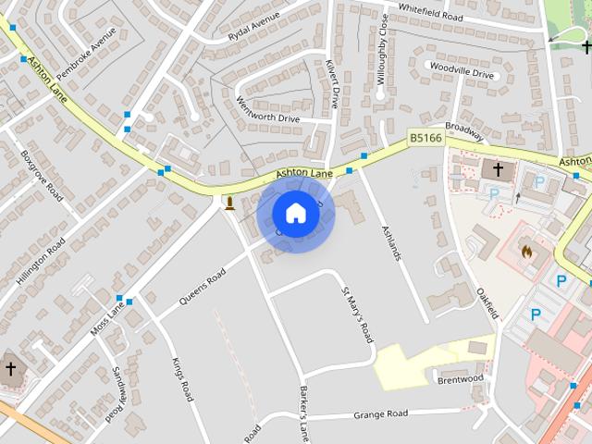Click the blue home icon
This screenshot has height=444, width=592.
coord(295,214)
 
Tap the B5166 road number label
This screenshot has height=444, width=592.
coord(425,138)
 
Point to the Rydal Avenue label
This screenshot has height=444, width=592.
coord(253,28)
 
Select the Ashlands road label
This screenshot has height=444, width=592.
coord(391,241)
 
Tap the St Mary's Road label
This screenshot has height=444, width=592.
coord(357,314)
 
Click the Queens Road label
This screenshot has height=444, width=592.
coord(203,289)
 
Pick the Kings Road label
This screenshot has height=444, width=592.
coord(181,378)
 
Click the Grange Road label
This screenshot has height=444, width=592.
coord(380,414)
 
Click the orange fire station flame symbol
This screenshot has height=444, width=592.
coord(526,251)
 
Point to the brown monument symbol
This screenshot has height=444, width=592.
coord(228,202)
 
